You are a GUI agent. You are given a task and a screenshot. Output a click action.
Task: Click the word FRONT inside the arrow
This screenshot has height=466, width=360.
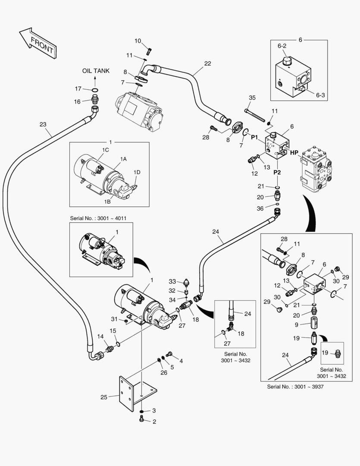[42, 45]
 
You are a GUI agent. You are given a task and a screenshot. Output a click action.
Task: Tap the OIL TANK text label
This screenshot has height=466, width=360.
[96, 71]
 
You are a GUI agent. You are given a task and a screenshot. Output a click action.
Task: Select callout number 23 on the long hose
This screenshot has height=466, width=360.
[43, 125]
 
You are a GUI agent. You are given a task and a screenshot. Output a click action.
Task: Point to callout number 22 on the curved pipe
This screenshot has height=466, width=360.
[208, 63]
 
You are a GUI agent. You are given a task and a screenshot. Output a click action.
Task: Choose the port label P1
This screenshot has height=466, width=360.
[254, 137]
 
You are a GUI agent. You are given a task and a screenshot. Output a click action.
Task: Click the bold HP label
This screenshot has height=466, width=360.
[294, 152]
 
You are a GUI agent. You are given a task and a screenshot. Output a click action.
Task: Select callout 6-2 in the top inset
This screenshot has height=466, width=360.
[282, 45]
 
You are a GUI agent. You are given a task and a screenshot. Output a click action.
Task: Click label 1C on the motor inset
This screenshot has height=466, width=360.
[105, 150]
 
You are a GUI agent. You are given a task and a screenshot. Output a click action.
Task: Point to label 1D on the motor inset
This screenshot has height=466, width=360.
[137, 172]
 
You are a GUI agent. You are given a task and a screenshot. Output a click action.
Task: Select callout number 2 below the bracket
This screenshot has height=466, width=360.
[153, 422]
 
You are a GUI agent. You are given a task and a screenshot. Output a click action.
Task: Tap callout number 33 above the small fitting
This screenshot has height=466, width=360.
[172, 281]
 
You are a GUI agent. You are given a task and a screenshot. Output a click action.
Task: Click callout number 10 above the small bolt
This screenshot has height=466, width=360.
[138, 41]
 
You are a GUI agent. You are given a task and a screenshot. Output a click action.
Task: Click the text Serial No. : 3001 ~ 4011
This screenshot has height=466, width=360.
[101, 218]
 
